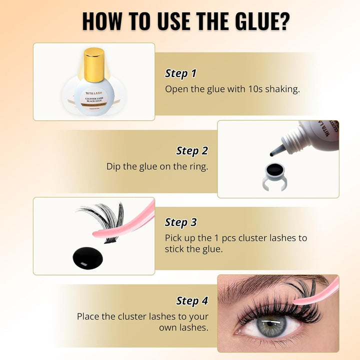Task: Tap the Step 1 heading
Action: click(x=180, y=73)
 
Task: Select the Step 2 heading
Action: click(x=192, y=150)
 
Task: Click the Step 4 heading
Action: click(x=192, y=300)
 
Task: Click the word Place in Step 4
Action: click(x=88, y=316)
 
